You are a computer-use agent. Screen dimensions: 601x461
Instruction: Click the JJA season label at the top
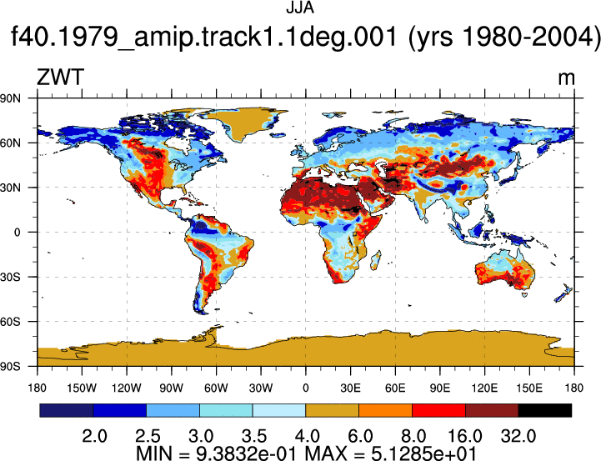(300, 8)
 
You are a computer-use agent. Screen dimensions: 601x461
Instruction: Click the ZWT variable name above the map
(60, 77)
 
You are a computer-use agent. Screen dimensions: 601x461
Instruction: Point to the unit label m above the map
(566, 78)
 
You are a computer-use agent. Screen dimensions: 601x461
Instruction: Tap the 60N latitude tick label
(10, 143)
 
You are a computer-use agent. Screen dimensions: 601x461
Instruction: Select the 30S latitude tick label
(10, 277)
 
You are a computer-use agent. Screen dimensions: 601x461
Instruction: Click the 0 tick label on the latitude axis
(17, 233)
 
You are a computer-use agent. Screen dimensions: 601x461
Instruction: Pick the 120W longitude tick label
(127, 388)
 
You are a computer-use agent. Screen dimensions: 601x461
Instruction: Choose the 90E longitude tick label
(439, 388)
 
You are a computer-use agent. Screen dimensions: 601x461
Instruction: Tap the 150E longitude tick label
(529, 388)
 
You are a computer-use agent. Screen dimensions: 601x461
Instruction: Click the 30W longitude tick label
(261, 388)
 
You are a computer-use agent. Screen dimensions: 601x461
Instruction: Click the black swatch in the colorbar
(544, 410)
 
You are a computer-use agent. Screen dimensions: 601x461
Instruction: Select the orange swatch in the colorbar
(385, 410)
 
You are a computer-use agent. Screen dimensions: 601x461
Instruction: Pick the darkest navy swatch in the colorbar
(67, 410)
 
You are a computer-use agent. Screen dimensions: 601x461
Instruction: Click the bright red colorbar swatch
(438, 410)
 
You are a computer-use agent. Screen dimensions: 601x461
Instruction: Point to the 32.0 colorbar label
(518, 436)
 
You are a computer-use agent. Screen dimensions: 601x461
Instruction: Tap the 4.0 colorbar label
(308, 436)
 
